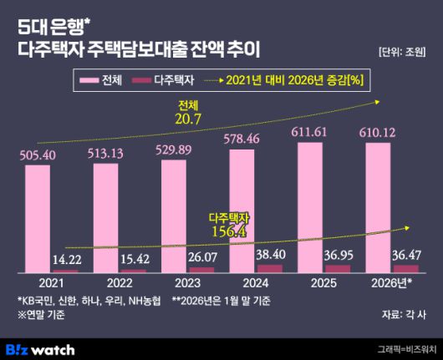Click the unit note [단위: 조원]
click(402, 52)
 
